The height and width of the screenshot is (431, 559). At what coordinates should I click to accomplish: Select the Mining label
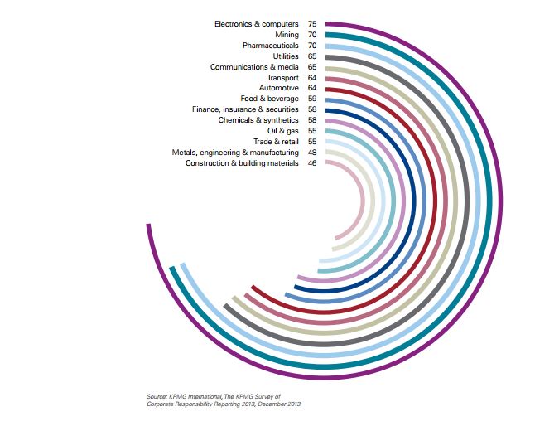click(x=287, y=35)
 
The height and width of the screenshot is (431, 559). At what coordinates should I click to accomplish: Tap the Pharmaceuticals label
click(x=271, y=46)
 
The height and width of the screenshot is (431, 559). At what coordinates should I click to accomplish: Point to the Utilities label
click(x=286, y=56)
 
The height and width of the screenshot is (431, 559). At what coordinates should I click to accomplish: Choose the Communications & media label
click(x=254, y=67)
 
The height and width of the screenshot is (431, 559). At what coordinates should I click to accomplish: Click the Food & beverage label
click(x=270, y=99)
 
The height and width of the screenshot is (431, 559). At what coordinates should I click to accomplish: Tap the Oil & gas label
click(x=284, y=131)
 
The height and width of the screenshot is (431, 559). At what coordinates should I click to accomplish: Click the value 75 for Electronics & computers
click(x=312, y=25)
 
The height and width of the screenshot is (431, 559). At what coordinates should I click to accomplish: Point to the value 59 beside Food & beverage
click(x=312, y=99)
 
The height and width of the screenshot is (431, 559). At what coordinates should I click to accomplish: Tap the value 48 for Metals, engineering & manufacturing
click(x=312, y=153)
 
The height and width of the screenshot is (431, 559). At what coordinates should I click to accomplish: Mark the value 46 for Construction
click(x=312, y=163)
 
